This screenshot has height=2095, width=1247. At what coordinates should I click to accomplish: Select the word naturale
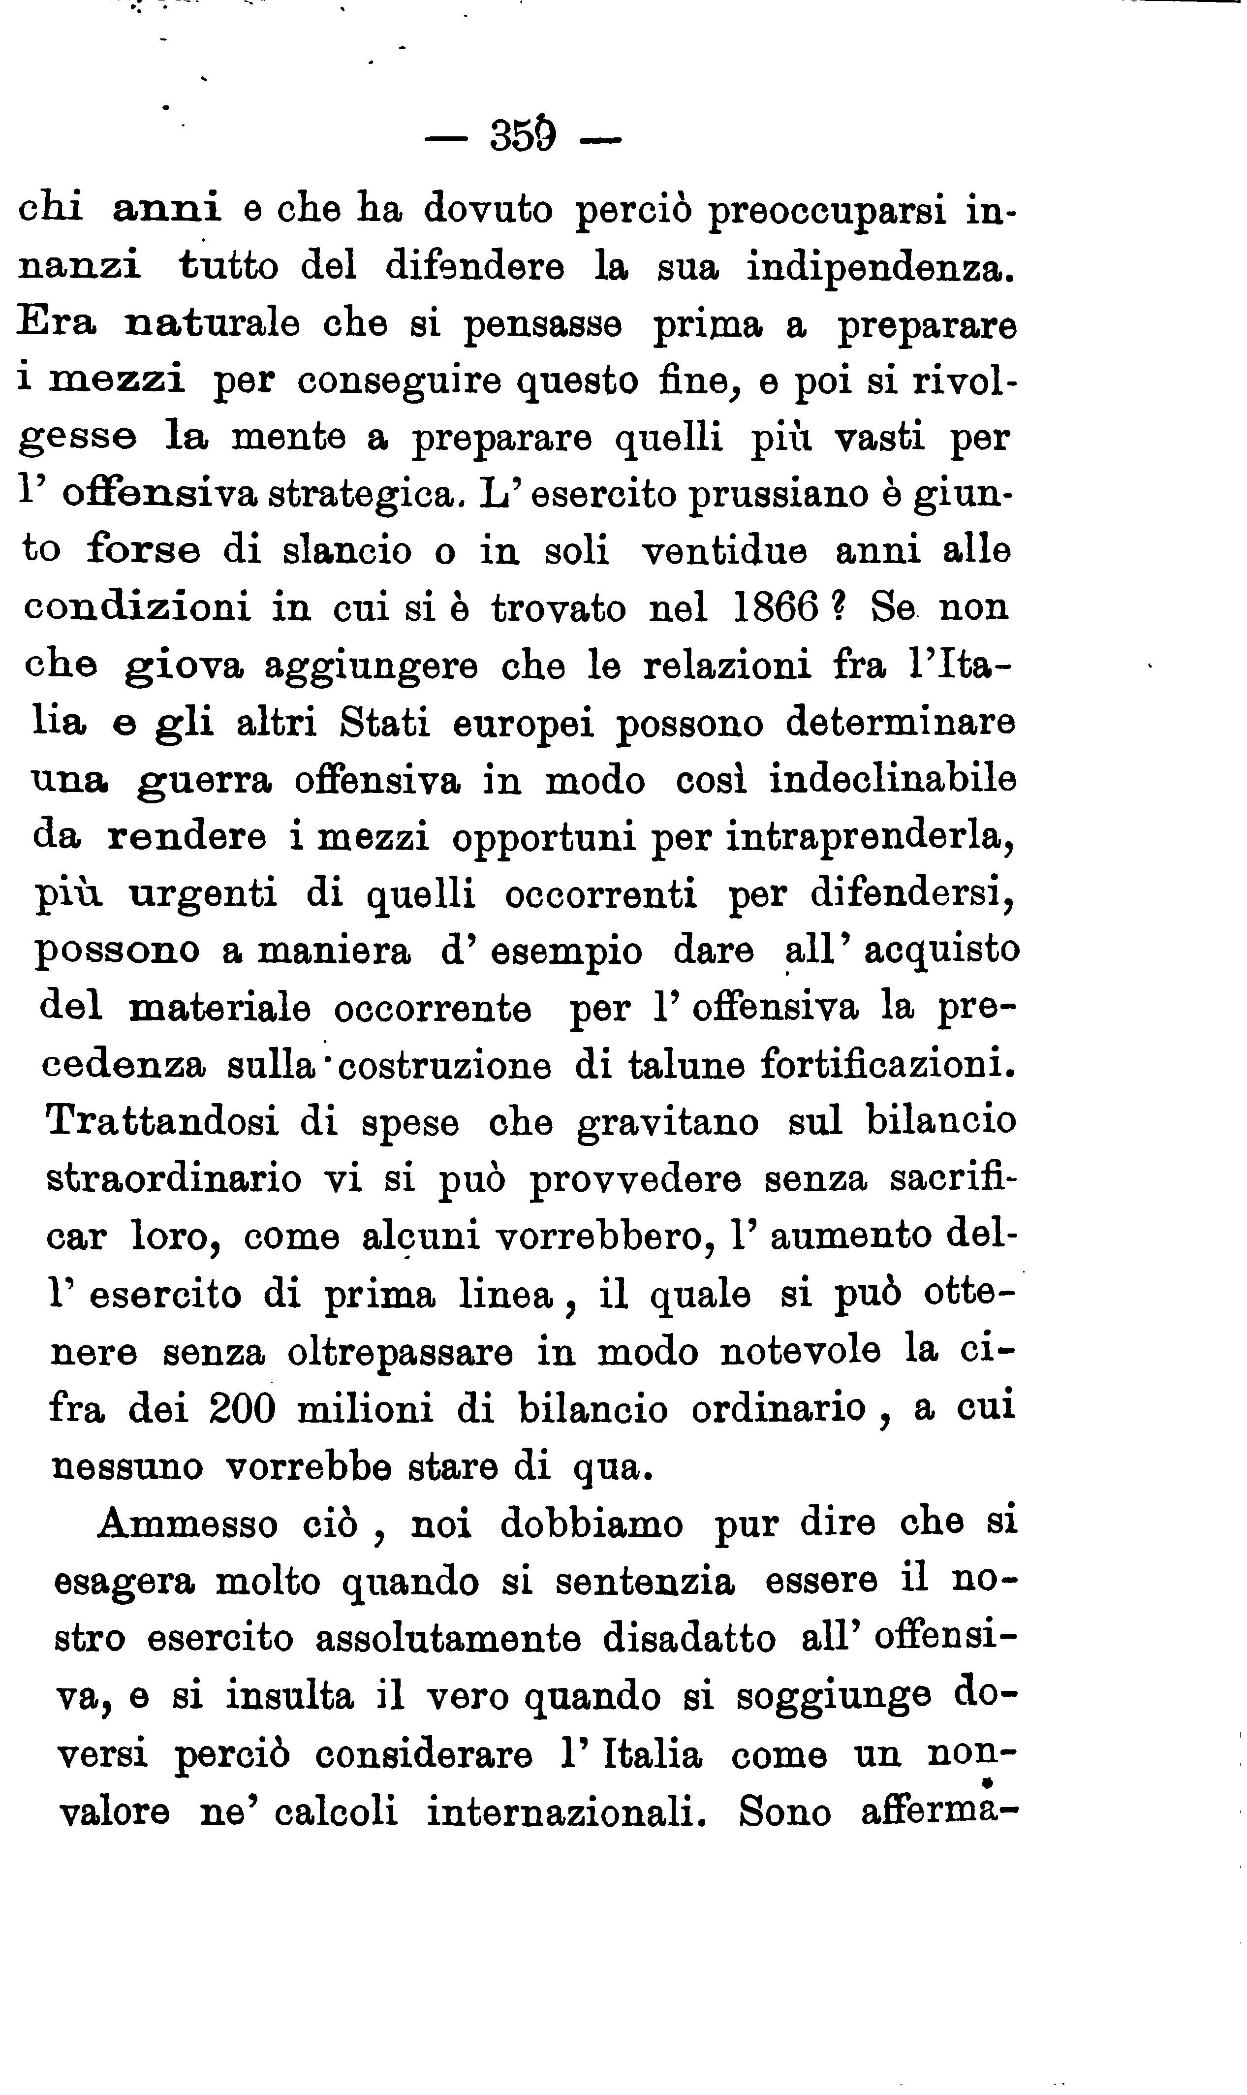[212, 324]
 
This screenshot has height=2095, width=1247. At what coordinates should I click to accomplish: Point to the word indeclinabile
[892, 780]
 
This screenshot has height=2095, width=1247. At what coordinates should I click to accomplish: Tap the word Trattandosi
[161, 1123]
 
